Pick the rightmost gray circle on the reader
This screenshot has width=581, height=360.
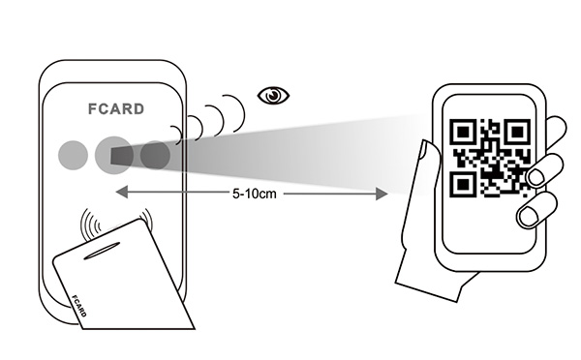pos(155,154)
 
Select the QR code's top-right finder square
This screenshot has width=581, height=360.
pos(516,131)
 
